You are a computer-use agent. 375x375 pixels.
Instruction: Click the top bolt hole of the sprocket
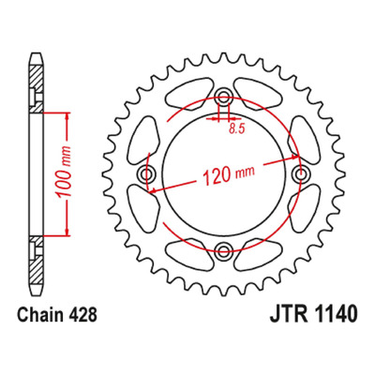coord(223,97)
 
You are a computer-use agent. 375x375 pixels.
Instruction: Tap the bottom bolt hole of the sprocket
coord(223,249)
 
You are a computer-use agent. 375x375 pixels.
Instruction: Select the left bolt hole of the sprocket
coord(145,173)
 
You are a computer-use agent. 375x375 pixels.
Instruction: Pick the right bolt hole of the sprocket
coord(301,173)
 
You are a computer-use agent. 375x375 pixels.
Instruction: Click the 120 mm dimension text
coord(229,174)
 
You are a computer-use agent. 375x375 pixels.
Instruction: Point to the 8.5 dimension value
coord(236,128)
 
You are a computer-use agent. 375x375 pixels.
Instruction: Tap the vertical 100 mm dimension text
coord(64,172)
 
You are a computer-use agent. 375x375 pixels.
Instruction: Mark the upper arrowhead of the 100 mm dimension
coord(67,117)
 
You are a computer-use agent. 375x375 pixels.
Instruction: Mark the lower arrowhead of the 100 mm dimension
coord(67,231)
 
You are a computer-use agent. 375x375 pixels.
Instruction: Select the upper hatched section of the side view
coord(36,88)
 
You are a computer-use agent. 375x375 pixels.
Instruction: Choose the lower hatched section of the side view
coord(36,260)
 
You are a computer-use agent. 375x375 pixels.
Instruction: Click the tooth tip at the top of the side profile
coord(36,54)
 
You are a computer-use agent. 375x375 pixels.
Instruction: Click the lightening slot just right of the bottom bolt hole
coord(258,254)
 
